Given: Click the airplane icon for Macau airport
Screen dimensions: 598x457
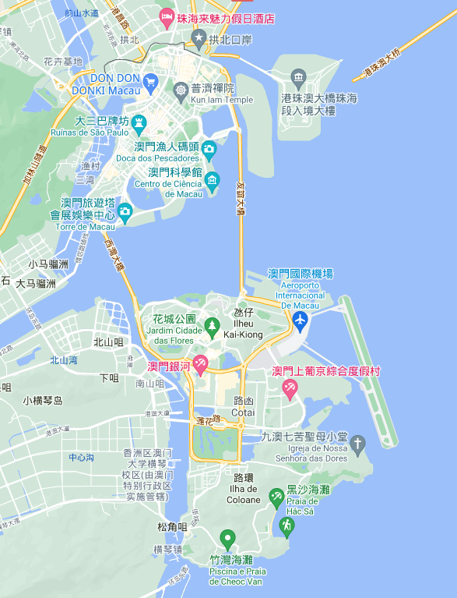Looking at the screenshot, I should coord(301,320).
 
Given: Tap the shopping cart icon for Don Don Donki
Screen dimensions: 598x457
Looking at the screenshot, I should coord(152,81).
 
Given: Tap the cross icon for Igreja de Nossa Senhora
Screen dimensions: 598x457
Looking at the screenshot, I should coord(357,444).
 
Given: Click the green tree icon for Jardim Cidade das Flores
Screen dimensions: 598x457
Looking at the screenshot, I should coord(212,325).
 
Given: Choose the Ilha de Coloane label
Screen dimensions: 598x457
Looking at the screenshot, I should coord(243,494).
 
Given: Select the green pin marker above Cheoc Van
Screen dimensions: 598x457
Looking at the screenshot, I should coord(227,538).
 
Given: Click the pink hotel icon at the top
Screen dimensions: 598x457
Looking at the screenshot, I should coord(167,16).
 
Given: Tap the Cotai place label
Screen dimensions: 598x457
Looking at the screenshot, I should coord(243,405).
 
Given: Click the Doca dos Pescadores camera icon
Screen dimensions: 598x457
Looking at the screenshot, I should coord(209,148).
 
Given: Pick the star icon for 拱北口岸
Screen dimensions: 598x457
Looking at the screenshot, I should coord(199,37).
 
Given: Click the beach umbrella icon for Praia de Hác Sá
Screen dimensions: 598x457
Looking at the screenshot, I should coord(276,496).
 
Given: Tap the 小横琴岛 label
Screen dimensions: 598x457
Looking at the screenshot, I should coord(42,401).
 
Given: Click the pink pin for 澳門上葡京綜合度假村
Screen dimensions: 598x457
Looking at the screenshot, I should coord(290,387).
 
